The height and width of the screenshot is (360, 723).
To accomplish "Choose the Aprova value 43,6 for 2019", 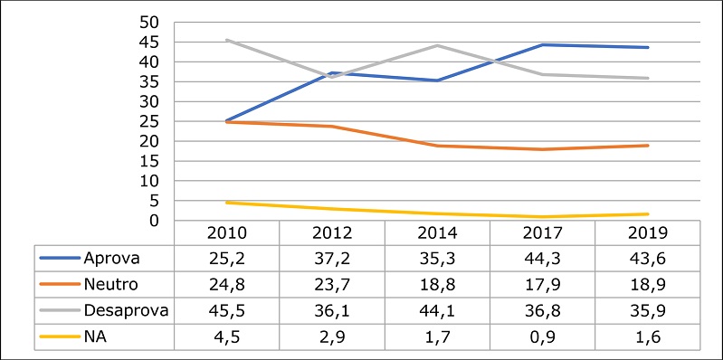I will [x=648, y=257].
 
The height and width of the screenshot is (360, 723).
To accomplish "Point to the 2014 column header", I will [x=438, y=232].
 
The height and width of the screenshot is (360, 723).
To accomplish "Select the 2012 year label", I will [x=332, y=232].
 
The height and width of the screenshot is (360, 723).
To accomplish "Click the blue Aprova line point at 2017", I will [x=543, y=44].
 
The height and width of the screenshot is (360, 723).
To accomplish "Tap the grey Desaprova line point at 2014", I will [x=438, y=45].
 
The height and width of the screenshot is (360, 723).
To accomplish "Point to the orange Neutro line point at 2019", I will [x=648, y=146].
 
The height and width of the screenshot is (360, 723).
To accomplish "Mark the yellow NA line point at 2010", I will [x=226, y=203].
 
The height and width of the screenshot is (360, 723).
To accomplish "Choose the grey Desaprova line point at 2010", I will [x=226, y=40].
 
